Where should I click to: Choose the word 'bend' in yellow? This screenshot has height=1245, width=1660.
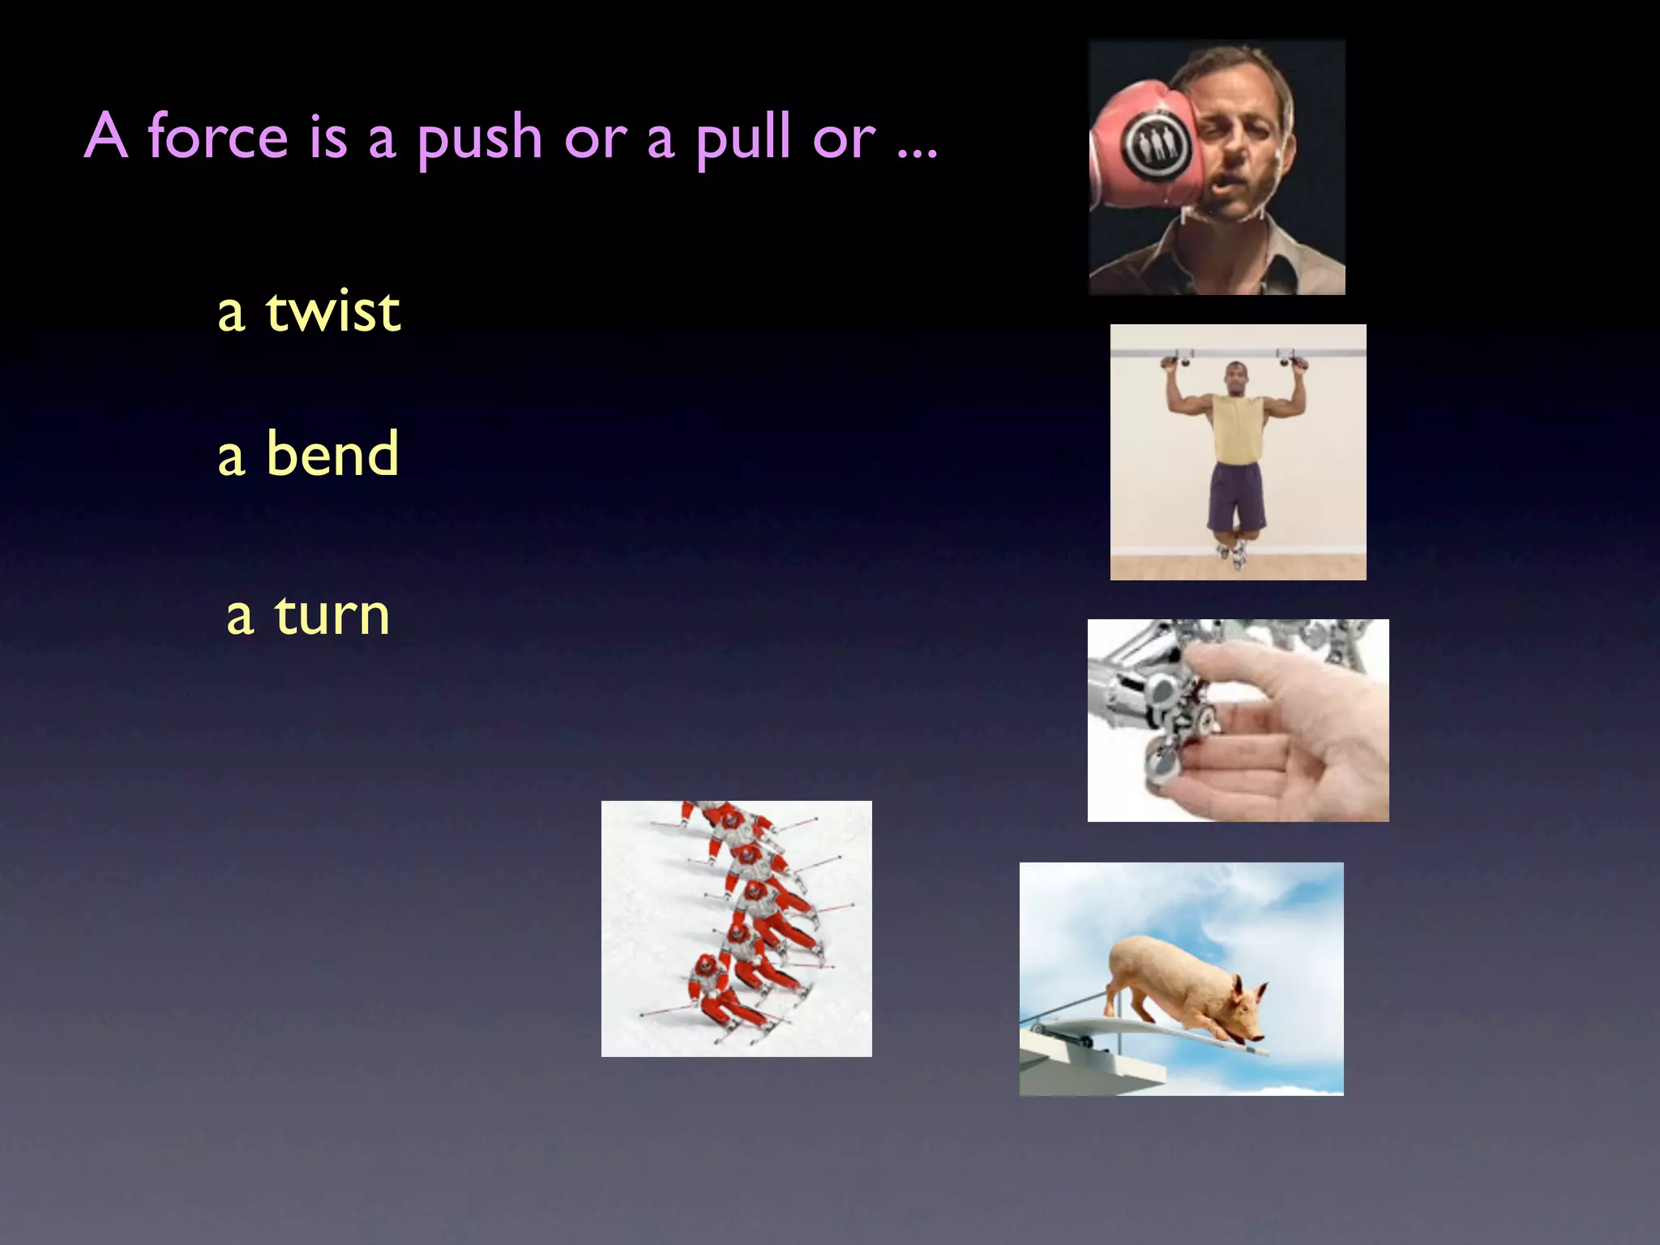pos(332,454)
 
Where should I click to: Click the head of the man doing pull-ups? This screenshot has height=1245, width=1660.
pos(1236,378)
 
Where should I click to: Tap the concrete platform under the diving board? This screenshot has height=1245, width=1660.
pos(1086,1070)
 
